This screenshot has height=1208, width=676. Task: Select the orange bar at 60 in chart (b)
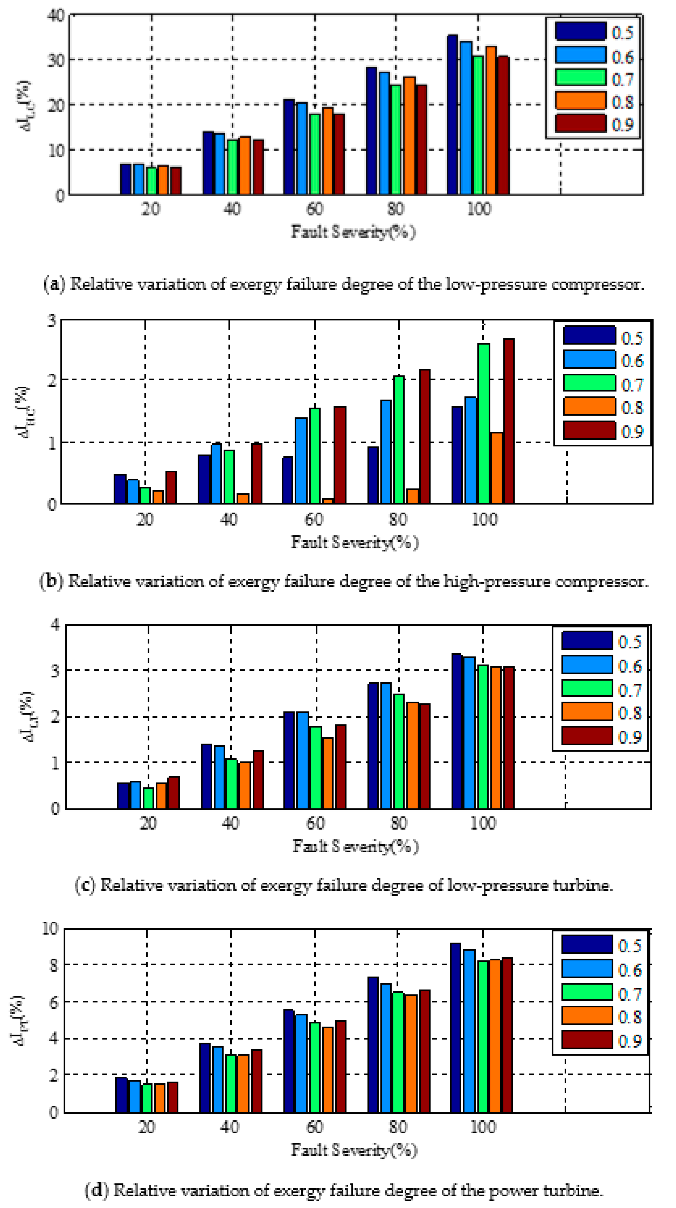[327, 501]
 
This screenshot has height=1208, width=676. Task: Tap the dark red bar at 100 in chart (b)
[508, 421]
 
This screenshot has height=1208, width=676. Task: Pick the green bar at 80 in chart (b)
[399, 440]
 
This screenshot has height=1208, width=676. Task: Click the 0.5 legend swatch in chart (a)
[580, 32]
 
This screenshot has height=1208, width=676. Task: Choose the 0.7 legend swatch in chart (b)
[589, 383]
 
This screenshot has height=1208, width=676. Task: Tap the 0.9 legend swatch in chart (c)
[587, 735]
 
